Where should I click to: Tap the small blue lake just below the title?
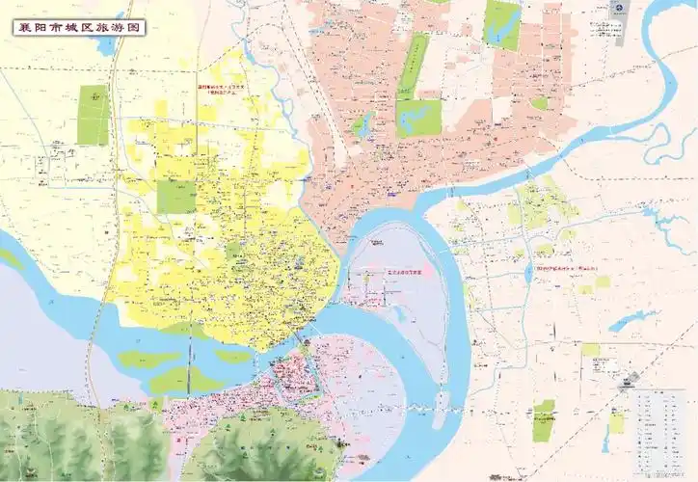105,46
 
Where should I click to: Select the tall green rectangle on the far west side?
94,115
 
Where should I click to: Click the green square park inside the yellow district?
176,195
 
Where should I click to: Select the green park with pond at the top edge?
501,23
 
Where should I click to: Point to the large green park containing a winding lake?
418,117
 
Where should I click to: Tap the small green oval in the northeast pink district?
540,102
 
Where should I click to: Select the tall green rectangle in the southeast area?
544,420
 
